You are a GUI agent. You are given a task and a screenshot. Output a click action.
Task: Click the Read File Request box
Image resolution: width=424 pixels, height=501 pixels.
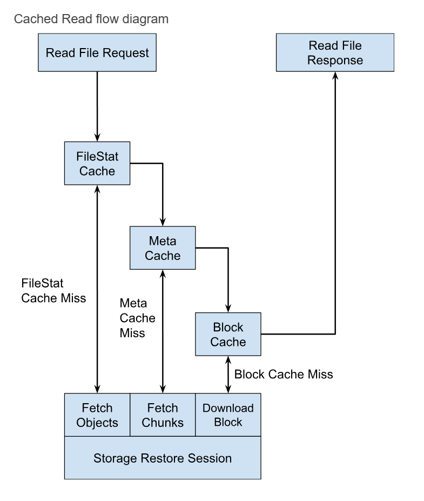pos(97,52)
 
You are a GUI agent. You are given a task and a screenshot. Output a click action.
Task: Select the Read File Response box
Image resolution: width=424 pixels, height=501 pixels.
pos(335,52)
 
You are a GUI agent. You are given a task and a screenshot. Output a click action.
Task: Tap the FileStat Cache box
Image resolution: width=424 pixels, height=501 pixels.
pos(97,163)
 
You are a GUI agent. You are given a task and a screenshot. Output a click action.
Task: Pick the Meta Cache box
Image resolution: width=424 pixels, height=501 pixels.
pos(163,248)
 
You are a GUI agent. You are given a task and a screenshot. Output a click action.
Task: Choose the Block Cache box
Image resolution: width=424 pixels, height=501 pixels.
pos(227,334)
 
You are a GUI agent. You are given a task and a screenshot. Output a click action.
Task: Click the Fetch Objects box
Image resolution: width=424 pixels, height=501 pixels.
pos(97,415)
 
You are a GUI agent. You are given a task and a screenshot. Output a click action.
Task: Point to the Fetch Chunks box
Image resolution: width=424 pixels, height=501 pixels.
pos(163,415)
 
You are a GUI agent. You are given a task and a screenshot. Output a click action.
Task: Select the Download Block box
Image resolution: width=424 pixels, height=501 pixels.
pos(227,415)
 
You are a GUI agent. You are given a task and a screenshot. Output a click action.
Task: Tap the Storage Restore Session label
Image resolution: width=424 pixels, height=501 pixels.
pos(163,458)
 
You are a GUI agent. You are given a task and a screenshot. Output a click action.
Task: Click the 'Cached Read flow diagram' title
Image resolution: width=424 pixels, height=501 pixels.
pos(91,19)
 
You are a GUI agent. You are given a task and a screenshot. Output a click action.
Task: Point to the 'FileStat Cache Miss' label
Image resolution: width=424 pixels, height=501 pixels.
pos(53,290)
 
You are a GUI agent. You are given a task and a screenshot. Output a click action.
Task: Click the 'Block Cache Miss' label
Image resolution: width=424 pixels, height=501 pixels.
pos(284,373)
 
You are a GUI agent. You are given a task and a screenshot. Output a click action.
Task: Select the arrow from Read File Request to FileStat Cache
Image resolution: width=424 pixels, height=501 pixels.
pos(97,106)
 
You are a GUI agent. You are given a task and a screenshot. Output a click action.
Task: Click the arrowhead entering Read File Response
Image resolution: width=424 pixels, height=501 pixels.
pos(335,76)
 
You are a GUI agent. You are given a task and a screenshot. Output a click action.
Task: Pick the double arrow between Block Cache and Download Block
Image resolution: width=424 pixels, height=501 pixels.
pos(227,374)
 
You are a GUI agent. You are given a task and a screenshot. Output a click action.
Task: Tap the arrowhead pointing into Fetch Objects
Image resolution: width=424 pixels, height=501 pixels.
pos(97,388)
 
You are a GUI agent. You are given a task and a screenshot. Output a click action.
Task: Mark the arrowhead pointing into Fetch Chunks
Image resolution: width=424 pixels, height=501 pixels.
pos(163,388)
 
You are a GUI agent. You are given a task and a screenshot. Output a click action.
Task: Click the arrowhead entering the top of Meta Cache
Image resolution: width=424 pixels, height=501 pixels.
pos(163,222)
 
